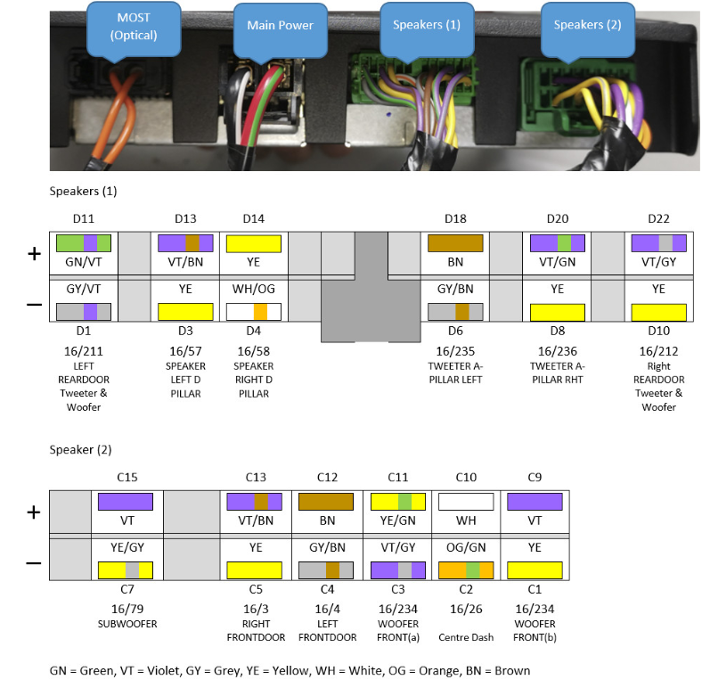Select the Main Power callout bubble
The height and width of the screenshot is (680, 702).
pyautogui.click(x=280, y=25)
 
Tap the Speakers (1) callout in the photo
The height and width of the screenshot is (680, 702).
pyautogui.click(x=426, y=24)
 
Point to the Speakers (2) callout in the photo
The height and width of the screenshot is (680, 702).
pyautogui.click(x=587, y=24)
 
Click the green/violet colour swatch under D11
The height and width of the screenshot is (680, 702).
pyautogui.click(x=83, y=242)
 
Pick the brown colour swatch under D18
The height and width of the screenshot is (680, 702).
pyautogui.click(x=455, y=242)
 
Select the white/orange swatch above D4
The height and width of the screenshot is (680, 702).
pyautogui.click(x=254, y=312)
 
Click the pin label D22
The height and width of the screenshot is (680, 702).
pyautogui.click(x=658, y=219)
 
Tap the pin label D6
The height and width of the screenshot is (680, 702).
pyautogui.click(x=455, y=332)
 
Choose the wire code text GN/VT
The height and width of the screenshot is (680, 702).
pyautogui.click(x=83, y=264)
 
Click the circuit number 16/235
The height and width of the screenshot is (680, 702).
pyautogui.click(x=455, y=351)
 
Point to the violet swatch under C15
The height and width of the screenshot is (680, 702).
pyautogui.click(x=126, y=501)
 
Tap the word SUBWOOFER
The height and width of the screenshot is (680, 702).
pyautogui.click(x=126, y=624)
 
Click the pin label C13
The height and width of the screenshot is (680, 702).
pyautogui.click(x=255, y=478)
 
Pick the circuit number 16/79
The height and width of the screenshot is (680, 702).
pyautogui.click(x=126, y=610)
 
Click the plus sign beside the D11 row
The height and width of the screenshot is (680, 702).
pyautogui.click(x=34, y=254)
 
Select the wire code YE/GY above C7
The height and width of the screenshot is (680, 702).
pyautogui.click(x=126, y=548)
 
